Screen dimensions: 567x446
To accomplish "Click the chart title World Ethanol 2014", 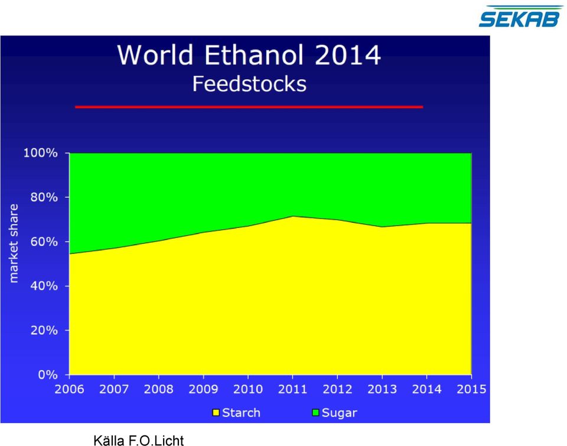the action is (249, 55).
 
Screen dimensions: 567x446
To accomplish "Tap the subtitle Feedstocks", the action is (249, 84).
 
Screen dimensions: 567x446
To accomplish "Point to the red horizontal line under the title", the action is (249, 107).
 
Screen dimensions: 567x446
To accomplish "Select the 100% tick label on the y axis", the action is (41, 152).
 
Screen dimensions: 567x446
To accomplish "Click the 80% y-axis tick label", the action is (44, 197).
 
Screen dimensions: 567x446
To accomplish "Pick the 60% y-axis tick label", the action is (44, 241).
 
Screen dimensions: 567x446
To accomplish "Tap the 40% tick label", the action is (44, 286).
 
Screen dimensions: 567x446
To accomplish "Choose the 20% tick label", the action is (44, 330).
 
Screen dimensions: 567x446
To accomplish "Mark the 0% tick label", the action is (48, 375).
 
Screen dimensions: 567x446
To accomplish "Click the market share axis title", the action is (14, 243).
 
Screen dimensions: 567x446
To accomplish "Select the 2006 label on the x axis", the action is (70, 389).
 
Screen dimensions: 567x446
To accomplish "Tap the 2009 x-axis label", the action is (203, 389).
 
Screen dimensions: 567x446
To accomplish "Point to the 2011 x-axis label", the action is (292, 389).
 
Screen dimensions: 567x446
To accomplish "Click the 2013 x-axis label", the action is (382, 389).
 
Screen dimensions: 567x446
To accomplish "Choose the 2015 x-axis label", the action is (471, 389).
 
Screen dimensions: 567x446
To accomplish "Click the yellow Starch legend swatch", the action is (216, 413).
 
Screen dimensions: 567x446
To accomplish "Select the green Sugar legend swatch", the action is (315, 413).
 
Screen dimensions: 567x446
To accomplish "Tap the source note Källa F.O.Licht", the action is (138, 440).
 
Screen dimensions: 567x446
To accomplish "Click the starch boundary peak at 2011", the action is (292, 216).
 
